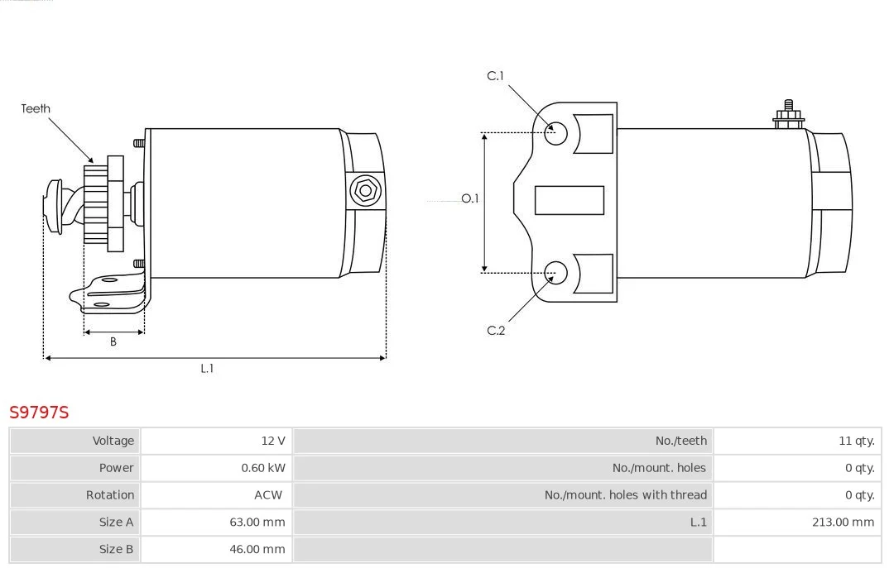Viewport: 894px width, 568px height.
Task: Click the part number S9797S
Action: click(x=39, y=412)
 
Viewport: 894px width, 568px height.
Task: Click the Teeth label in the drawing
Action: click(x=36, y=108)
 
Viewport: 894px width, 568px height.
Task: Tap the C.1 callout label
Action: click(x=495, y=76)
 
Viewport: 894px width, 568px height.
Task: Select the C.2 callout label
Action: click(x=496, y=331)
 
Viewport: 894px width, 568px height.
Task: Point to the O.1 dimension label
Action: click(x=470, y=198)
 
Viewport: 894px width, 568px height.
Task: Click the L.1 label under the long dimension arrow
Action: click(x=206, y=369)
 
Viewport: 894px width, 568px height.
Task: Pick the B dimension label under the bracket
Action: click(x=113, y=341)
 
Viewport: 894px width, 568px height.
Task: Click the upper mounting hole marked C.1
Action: click(x=555, y=133)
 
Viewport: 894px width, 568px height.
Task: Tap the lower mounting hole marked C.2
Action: click(x=555, y=273)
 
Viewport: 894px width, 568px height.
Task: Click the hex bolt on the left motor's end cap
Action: click(x=365, y=191)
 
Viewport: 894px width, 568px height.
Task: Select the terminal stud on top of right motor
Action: click(x=789, y=115)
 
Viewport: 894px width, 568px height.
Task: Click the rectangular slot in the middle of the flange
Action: click(x=569, y=201)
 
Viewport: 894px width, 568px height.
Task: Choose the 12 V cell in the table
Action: click(x=273, y=441)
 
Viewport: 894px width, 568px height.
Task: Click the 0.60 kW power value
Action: click(x=263, y=468)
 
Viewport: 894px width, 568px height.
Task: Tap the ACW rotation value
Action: click(x=268, y=495)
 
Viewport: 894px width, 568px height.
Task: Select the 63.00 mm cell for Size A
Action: click(x=257, y=522)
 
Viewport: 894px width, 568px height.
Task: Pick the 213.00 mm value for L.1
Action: click(x=843, y=522)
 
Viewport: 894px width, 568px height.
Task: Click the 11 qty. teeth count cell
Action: click(x=857, y=441)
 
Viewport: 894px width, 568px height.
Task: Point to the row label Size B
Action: click(x=116, y=549)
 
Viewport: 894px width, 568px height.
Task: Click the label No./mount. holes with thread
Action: click(x=626, y=495)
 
